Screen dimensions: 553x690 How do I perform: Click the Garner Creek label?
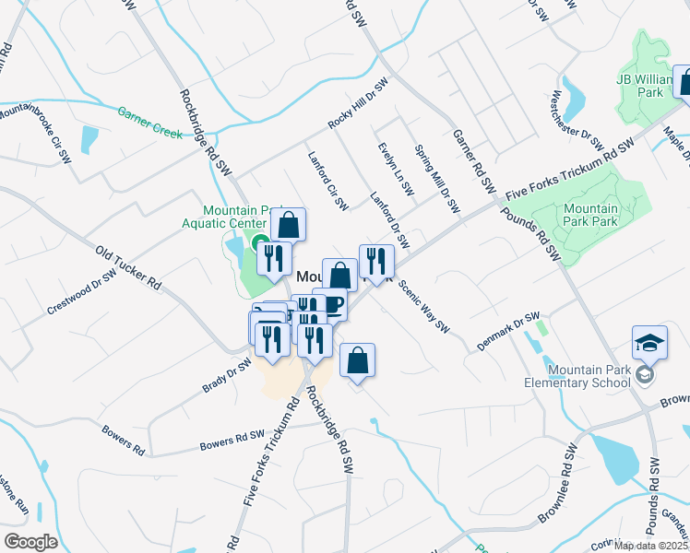[149, 122]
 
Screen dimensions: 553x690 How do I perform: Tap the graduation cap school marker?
[649, 344]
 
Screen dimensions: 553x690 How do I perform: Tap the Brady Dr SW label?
[226, 376]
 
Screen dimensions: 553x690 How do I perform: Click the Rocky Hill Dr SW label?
[359, 103]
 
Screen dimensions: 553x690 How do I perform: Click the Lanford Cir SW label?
[327, 179]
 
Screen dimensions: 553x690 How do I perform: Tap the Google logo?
[30, 541]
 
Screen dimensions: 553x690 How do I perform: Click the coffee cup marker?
[331, 305]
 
